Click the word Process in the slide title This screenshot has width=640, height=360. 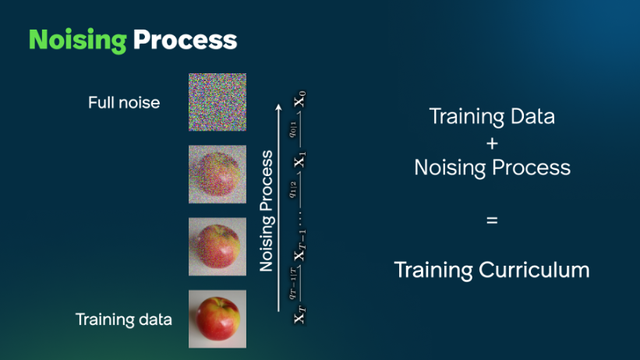(187, 41)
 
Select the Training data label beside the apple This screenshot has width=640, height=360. (124, 320)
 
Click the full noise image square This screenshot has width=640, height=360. (217, 102)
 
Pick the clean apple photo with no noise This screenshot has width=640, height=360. (217, 318)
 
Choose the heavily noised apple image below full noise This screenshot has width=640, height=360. (217, 174)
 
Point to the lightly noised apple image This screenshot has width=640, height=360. (217, 246)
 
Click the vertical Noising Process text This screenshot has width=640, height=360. (267, 211)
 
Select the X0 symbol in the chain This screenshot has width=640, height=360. (300, 101)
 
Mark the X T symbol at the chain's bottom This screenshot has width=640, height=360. (300, 317)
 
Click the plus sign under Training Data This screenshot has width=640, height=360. (492, 144)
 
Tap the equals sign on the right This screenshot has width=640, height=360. (492, 219)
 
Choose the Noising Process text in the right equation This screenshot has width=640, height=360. (492, 169)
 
